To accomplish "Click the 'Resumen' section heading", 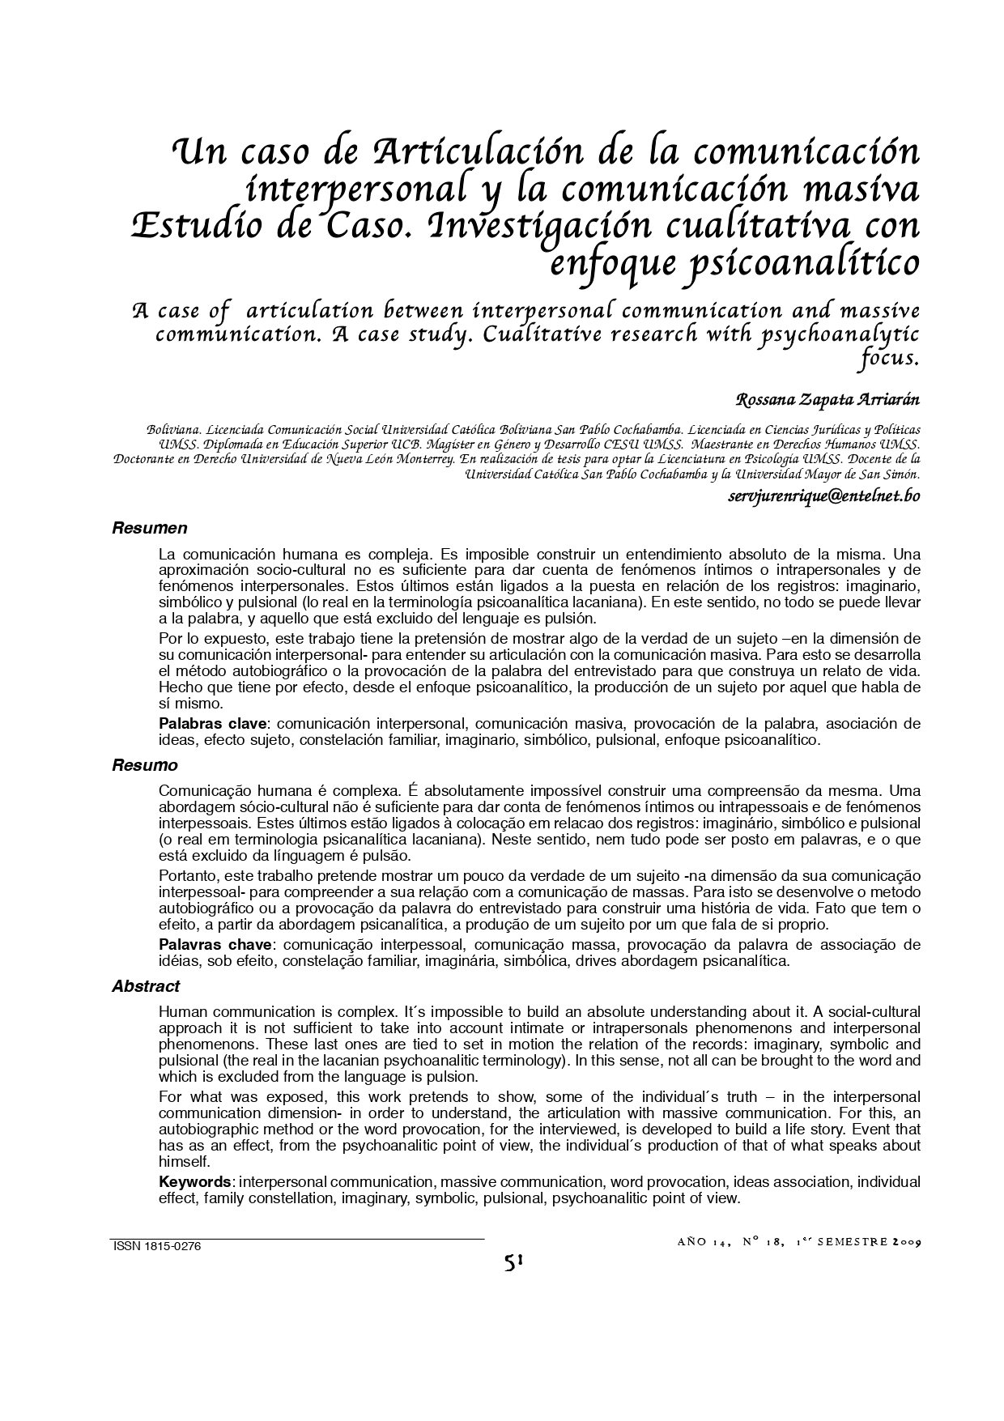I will pos(149,529).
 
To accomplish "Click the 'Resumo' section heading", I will pos(144,765).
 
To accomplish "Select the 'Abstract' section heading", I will pos(146,986).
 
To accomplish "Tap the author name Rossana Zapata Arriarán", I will pos(827,400).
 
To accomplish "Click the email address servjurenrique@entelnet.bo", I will pos(823,496).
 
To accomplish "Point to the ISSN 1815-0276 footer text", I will pos(155,1247).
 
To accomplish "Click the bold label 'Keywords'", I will pos(195,1182).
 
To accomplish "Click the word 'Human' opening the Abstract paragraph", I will pos(183,1011).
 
